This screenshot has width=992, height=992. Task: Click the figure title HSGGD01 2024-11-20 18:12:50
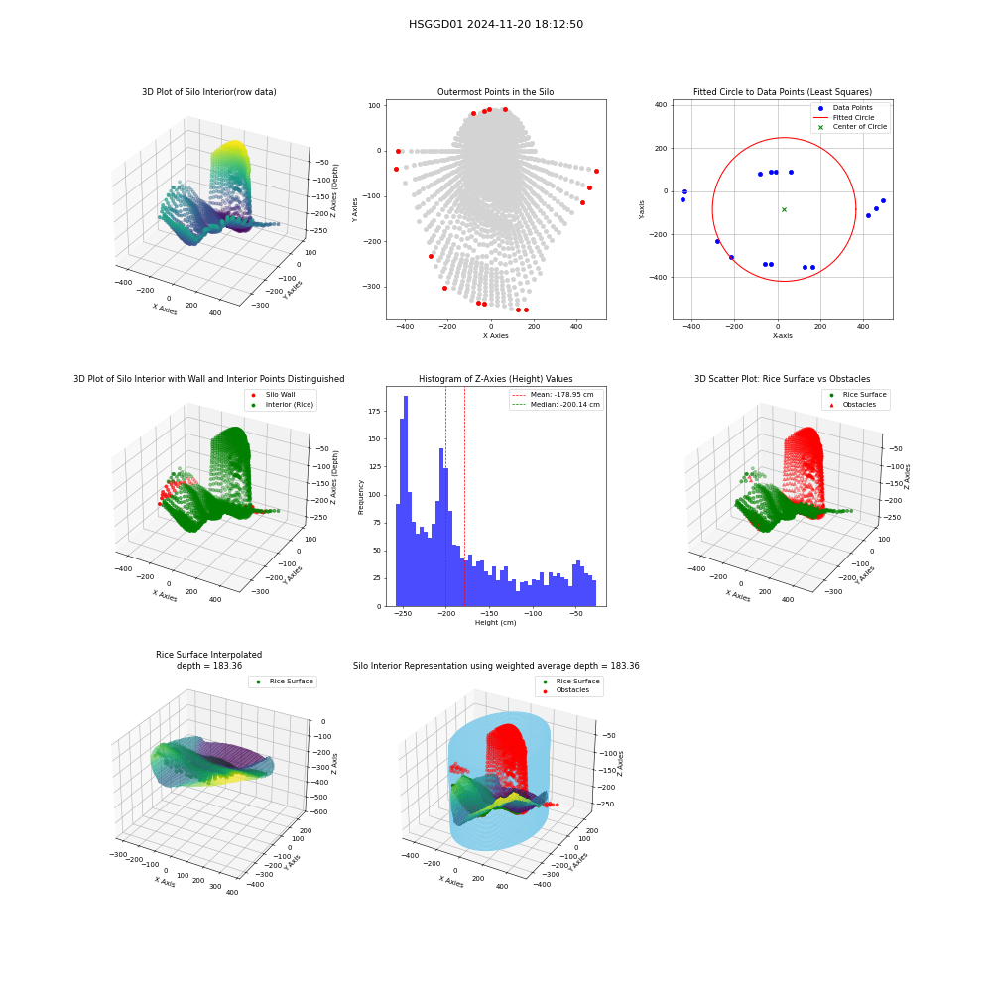tap(496, 24)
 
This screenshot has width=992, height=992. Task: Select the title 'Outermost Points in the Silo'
tap(495, 92)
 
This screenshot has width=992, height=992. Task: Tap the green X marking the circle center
tap(784, 209)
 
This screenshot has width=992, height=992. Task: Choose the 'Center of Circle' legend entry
tap(851, 127)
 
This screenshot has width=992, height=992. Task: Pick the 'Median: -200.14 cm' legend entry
tap(557, 405)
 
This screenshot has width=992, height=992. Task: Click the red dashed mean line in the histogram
tap(464, 497)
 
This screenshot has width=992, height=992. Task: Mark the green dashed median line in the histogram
tap(445, 497)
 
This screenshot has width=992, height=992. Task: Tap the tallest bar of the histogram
tap(406, 501)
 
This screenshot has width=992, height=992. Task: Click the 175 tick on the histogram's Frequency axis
tap(374, 412)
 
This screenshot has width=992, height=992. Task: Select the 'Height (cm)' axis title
tap(495, 623)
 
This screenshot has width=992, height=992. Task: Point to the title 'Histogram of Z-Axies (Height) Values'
tap(495, 379)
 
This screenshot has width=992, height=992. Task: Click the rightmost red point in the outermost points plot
tap(596, 172)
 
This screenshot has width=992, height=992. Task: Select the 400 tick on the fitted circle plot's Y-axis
tap(661, 105)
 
